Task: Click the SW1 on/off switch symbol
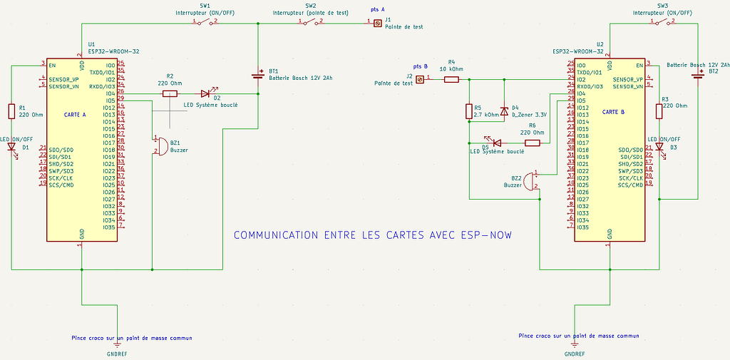205,21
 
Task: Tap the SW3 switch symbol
664,21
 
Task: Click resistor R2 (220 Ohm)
170,93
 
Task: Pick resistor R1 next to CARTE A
12,111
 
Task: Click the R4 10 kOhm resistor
451,80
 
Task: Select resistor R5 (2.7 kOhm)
469,111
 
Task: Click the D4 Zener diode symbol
504,111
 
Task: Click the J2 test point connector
420,80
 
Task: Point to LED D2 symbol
205,93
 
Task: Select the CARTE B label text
613,112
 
